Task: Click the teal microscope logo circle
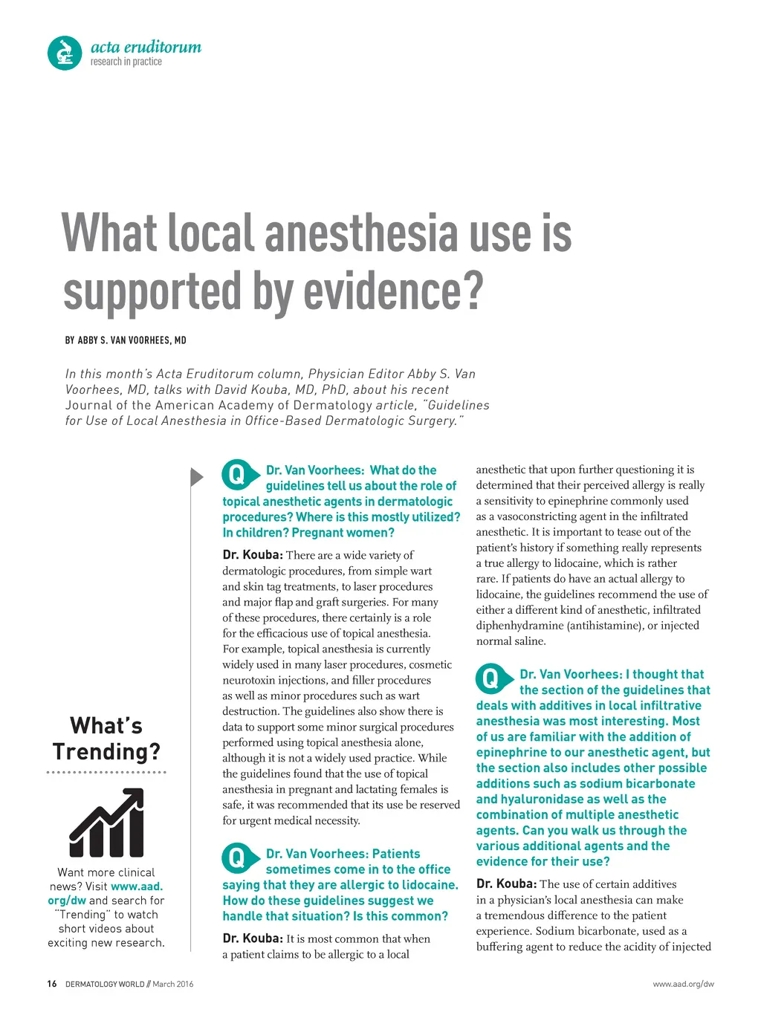pyautogui.click(x=65, y=54)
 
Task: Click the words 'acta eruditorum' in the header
pyautogui.click(x=146, y=47)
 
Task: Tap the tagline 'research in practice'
pyautogui.click(x=126, y=62)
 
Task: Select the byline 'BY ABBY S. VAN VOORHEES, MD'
pyautogui.click(x=126, y=340)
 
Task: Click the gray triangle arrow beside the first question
pyautogui.click(x=196, y=476)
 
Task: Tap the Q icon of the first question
pyautogui.click(x=236, y=474)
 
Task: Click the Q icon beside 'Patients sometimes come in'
pyautogui.click(x=236, y=858)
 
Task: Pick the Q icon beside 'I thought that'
pyautogui.click(x=490, y=678)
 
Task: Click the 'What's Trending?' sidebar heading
pyautogui.click(x=106, y=739)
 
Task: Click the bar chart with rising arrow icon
pyautogui.click(x=106, y=823)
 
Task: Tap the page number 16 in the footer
pyautogui.click(x=51, y=984)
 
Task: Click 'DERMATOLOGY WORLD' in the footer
pyautogui.click(x=105, y=985)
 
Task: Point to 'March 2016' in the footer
pyautogui.click(x=173, y=985)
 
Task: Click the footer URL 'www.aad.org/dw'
pyautogui.click(x=683, y=985)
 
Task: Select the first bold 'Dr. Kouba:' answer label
pyautogui.click(x=253, y=555)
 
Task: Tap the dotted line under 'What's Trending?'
pyautogui.click(x=106, y=773)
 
